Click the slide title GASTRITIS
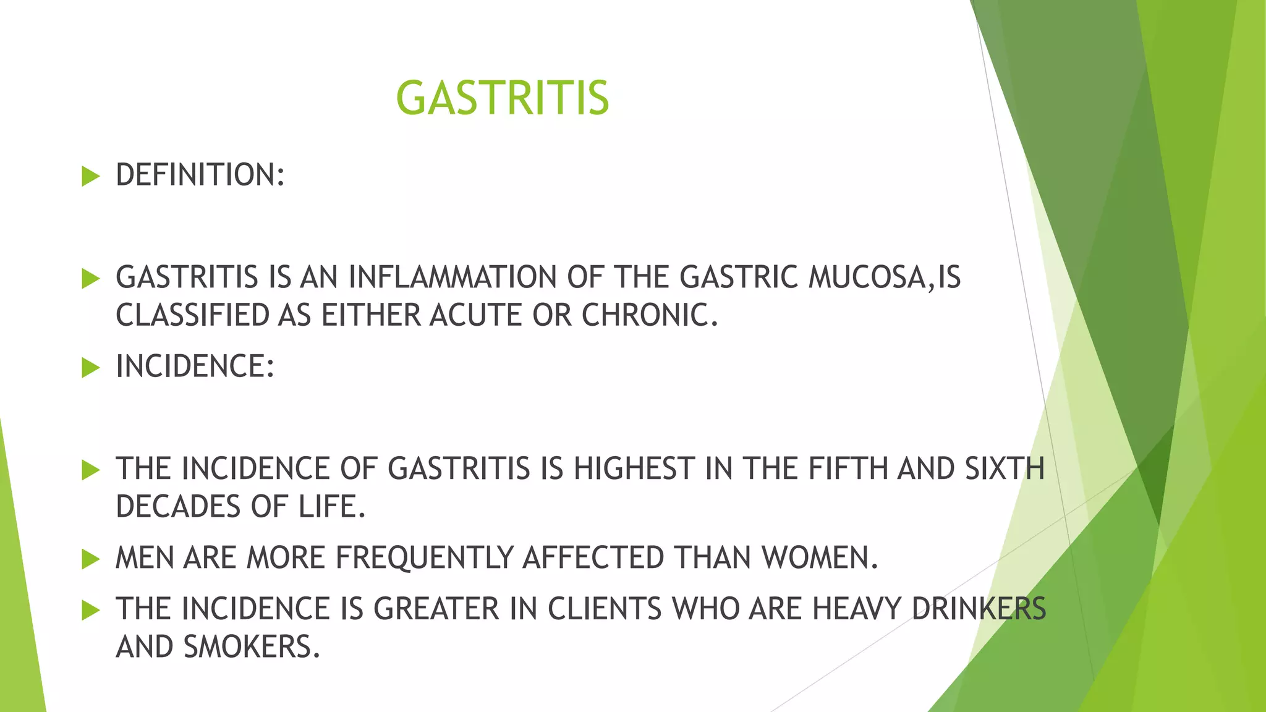(502, 98)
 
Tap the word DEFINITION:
(200, 175)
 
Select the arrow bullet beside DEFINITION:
(90, 177)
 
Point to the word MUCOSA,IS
(884, 277)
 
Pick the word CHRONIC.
(649, 315)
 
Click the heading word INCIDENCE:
(195, 367)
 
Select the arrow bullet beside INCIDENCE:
(90, 368)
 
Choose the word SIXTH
(1004, 468)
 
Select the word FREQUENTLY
(424, 557)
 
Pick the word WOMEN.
(819, 557)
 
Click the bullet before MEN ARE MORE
(90, 560)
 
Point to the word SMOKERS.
(252, 647)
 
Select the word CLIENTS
(605, 609)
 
